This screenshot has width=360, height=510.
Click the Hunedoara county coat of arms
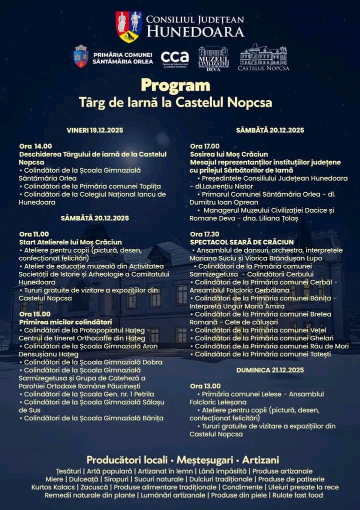128,27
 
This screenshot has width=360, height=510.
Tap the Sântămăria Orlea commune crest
81,56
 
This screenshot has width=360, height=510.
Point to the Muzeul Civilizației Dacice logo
213,58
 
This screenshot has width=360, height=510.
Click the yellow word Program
175,85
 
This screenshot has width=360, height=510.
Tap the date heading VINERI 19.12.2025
94,130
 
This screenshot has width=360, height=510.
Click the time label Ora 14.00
35,146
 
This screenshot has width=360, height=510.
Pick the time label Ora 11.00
34,234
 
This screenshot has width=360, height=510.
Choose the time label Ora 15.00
34,314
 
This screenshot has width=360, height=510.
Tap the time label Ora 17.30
204,234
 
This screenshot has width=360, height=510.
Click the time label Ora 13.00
205,386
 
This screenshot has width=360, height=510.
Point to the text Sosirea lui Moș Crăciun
228,154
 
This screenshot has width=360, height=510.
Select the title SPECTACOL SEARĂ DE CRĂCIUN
239,242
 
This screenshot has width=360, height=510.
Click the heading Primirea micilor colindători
65,322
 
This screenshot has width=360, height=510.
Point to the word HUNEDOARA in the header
195,32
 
